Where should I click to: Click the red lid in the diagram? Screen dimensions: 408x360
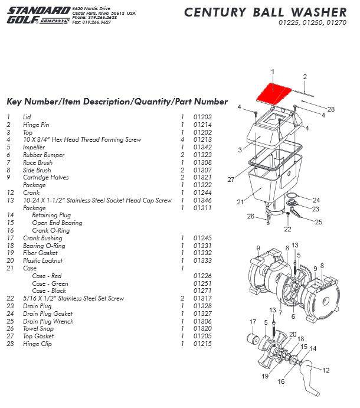point(273,92)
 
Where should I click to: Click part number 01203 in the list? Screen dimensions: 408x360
point(202,117)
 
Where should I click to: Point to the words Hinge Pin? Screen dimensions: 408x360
point(37,125)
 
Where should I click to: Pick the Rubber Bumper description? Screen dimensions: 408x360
point(42,155)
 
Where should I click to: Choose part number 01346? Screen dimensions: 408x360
point(202,200)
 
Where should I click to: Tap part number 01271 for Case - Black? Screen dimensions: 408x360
point(202,291)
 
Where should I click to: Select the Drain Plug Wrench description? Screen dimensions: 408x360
point(49,321)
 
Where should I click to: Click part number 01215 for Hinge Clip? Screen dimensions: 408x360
point(202,344)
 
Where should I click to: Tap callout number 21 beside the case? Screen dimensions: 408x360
point(240,202)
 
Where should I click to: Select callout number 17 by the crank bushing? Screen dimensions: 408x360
point(253,322)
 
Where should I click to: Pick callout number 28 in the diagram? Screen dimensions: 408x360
point(330,109)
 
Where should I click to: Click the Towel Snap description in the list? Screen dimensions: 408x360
point(40,329)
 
